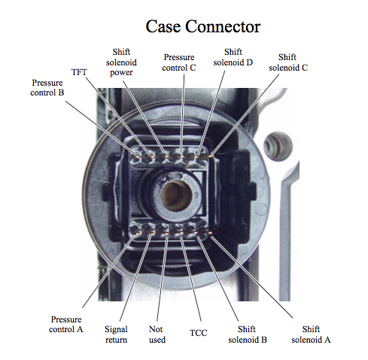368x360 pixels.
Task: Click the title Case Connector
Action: [x=203, y=26]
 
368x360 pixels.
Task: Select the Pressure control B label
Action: [x=47, y=87]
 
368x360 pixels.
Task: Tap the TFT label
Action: [x=79, y=72]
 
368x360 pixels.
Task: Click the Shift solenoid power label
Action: [x=121, y=62]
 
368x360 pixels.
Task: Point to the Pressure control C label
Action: [x=179, y=62]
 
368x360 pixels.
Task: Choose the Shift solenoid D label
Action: [x=233, y=57]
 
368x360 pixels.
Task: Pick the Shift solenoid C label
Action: [x=288, y=62]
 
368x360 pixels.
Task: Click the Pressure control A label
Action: [x=66, y=324]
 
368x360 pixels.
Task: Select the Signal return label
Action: [x=116, y=334]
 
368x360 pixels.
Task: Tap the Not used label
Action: [x=157, y=334]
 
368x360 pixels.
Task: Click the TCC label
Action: [x=198, y=333]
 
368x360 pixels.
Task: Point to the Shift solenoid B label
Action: [x=248, y=334]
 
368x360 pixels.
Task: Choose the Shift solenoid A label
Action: [x=311, y=334]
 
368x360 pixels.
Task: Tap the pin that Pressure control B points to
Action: [x=137, y=157]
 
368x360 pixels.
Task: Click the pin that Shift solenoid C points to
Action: [x=210, y=156]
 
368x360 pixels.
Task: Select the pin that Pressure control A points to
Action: [x=137, y=234]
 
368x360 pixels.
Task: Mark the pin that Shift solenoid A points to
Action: [x=210, y=233]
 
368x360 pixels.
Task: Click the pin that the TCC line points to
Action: [x=181, y=234]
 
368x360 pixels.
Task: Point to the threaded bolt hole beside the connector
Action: [x=278, y=147]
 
